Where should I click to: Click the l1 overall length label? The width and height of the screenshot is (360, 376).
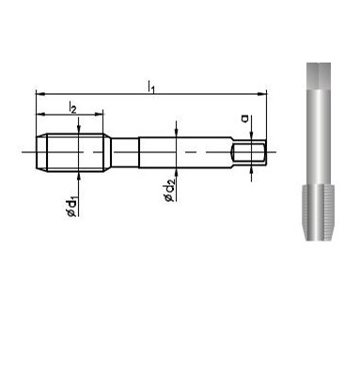pos(151,86)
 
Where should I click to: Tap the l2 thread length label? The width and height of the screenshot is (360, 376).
pos(72,107)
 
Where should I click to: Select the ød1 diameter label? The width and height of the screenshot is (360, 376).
pos(71,207)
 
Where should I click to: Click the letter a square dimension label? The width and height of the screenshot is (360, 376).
pos(245,118)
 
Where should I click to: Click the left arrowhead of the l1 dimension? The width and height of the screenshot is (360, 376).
pos(41,94)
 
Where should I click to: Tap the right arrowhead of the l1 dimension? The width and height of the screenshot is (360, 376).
pos(261,94)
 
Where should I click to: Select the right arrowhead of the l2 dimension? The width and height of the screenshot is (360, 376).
pos(99,115)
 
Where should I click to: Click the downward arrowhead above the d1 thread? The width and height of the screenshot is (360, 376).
pos(79,130)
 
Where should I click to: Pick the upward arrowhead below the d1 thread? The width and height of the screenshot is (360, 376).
pos(79,176)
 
